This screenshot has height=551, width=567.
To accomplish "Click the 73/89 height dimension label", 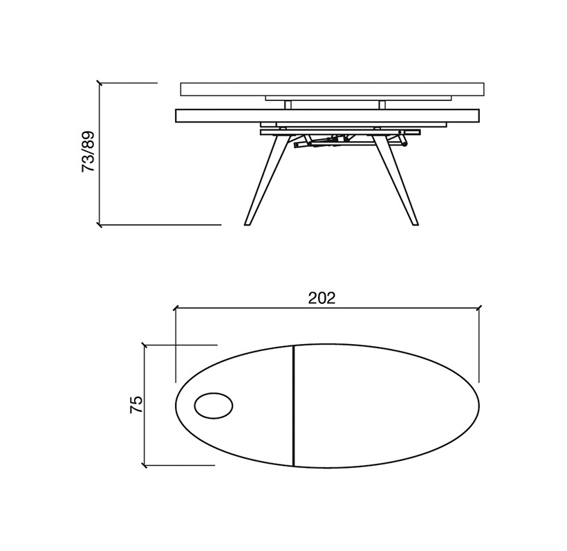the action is (88, 151).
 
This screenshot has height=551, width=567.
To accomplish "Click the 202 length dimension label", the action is (322, 298).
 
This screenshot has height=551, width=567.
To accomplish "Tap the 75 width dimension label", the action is (136, 405).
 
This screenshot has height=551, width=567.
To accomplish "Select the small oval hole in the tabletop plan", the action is (214, 406).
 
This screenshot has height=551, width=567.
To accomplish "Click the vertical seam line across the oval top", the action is (294, 406).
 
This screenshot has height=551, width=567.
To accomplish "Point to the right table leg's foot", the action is (415, 224).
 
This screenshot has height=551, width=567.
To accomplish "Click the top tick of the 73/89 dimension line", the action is (100, 83).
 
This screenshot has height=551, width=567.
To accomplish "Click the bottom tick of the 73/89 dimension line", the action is (100, 225).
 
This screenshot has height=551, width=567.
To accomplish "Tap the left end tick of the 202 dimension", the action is (176, 309).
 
